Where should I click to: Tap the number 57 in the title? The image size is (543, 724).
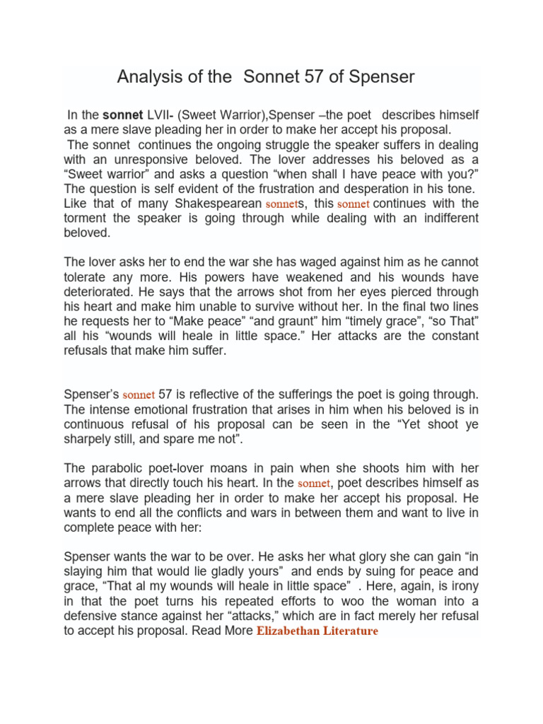tap(303, 77)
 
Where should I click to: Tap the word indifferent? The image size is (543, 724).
tap(443, 218)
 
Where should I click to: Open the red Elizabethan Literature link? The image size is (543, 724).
tap(317, 631)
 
